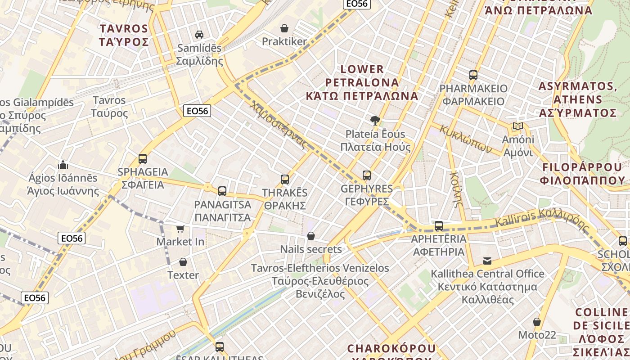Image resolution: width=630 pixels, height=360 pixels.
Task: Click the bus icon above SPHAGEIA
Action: pos(143,159)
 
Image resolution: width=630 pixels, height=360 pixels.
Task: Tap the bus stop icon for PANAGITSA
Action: pos(222,191)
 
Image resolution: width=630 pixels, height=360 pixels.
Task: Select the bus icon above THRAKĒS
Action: pos(284,180)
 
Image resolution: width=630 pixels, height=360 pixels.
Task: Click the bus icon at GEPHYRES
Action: pos(367,175)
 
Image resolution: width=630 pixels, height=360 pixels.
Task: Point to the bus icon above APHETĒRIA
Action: pos(439,226)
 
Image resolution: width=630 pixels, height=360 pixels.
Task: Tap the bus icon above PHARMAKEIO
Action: pos(473,75)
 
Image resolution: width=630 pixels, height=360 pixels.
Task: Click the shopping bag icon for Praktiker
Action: pos(284,29)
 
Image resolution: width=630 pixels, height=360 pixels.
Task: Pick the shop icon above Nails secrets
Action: pos(310,236)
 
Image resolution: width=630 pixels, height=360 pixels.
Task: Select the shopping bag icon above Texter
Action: pos(183,262)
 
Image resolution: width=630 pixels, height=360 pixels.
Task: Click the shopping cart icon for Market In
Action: pos(180,229)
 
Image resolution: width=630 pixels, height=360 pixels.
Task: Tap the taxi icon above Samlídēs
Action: pos(199,35)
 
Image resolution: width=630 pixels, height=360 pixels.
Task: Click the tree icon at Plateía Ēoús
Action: pos(374,121)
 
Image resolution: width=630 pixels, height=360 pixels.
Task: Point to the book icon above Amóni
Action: pos(518,126)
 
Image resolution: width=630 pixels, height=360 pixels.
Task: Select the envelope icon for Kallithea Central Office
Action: pos(487,261)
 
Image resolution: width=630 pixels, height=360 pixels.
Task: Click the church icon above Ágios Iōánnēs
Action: pos(63,165)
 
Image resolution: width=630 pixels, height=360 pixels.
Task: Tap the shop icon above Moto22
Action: pos(536,322)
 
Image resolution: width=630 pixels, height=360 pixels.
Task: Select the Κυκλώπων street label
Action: pos(466,139)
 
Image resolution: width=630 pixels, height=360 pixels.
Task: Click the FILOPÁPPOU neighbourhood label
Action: pos(583,174)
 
